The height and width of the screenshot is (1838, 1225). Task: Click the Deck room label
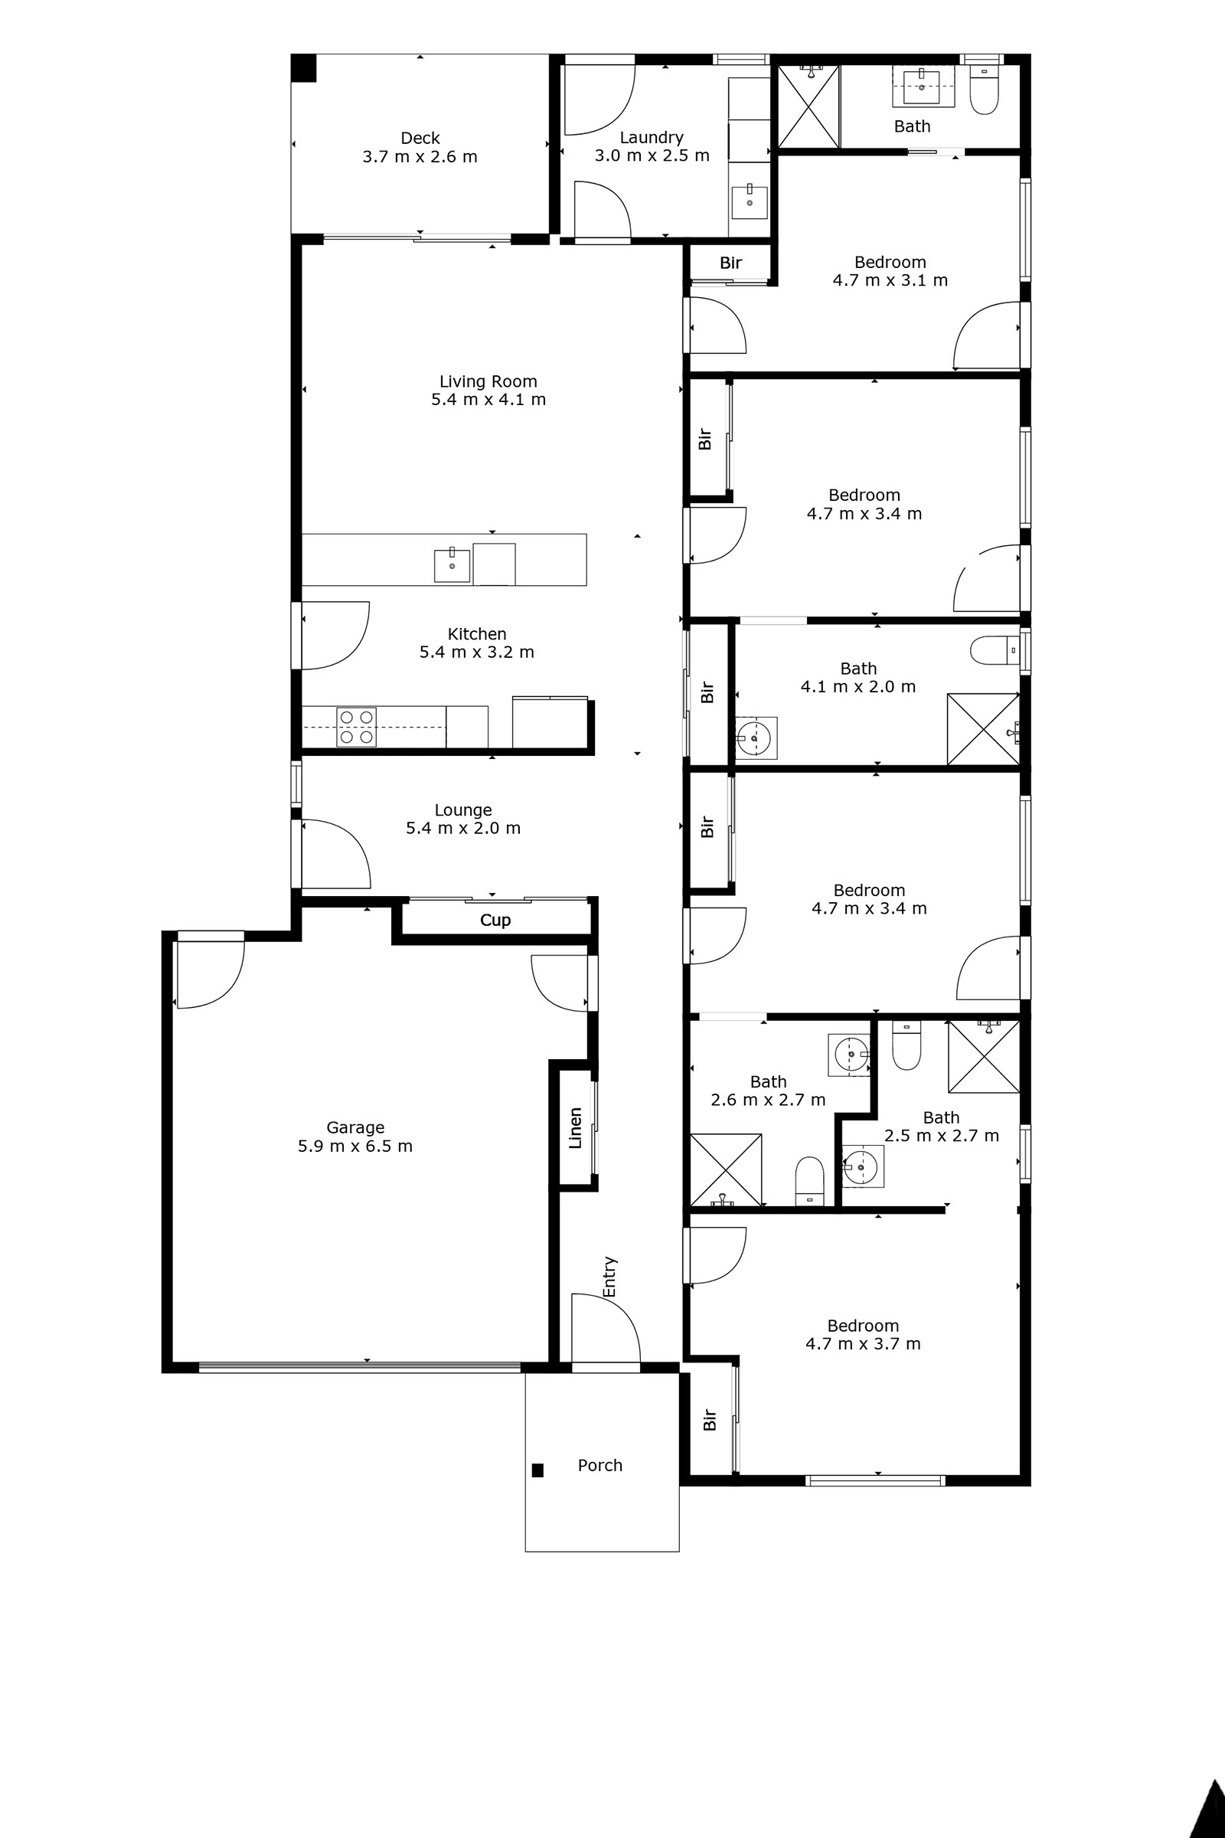420,139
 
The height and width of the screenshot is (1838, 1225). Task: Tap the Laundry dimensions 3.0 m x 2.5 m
652,156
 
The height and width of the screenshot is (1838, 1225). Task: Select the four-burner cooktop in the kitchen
356,727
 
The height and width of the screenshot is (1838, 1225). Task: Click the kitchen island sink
452,566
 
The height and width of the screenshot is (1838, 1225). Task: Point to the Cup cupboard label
495,921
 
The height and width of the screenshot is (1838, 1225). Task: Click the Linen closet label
576,1127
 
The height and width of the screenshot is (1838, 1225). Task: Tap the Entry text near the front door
610,1276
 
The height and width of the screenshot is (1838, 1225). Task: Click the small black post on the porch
537,1470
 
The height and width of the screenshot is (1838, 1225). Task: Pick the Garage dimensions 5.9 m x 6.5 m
354,1146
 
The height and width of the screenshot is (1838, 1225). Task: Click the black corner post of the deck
304,68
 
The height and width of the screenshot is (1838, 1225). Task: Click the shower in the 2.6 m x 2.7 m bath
726,1170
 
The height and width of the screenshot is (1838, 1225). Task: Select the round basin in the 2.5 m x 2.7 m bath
862,1167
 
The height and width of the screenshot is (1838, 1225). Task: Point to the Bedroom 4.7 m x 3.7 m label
863,1335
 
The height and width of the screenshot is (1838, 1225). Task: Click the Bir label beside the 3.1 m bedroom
730,263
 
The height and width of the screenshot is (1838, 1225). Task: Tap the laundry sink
750,202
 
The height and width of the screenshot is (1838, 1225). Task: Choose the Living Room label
488,381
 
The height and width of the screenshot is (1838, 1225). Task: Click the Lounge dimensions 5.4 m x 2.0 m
462,829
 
